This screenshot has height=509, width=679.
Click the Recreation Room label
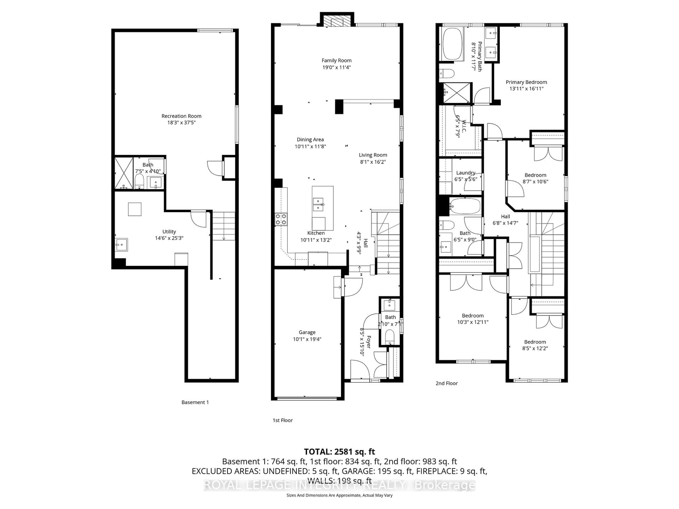tap(181, 116)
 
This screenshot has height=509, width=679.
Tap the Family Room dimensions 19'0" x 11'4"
tap(336, 67)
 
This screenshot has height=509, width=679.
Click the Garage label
tap(307, 332)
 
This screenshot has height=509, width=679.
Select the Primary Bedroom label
tap(526, 82)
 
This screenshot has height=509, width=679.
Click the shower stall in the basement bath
tap(124, 173)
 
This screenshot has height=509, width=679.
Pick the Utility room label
tap(169, 232)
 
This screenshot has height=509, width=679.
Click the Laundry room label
tap(465, 173)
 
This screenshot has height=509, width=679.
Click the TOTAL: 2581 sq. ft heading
tap(339, 452)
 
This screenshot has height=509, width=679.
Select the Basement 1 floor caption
tap(195, 402)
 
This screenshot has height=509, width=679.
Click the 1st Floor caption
tap(282, 420)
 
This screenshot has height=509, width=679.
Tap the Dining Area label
tap(310, 140)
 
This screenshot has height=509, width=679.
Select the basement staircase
tap(224, 226)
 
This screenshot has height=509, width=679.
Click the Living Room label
tap(373, 155)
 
